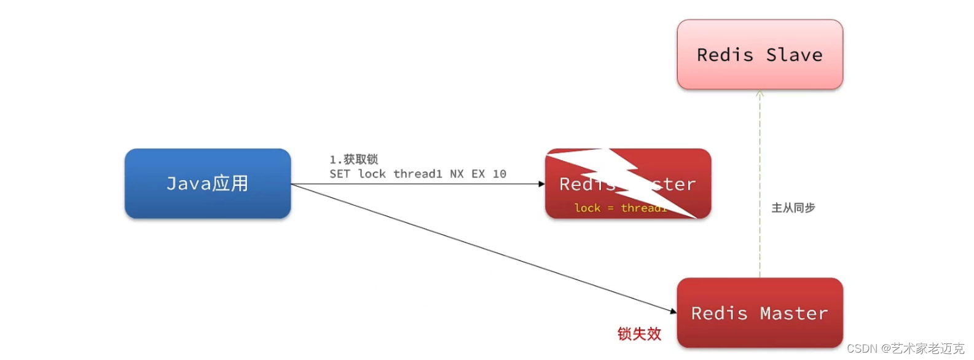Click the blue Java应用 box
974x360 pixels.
point(208,183)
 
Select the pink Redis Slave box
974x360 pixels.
point(760,55)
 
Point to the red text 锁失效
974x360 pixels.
point(639,334)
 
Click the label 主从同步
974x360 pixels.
point(793,208)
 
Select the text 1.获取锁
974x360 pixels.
point(354,160)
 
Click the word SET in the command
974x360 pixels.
point(340,174)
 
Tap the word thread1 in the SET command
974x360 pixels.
point(418,174)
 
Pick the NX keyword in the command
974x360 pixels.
point(457,174)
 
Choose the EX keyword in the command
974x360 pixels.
point(478,174)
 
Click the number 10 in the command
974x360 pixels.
point(500,174)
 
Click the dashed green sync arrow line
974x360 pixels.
point(760,184)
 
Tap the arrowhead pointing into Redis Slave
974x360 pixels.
point(760,94)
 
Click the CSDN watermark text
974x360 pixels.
point(905,348)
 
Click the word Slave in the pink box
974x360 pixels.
point(794,55)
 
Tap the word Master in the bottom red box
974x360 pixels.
point(794,313)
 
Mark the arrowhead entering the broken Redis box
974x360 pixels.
point(541,184)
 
